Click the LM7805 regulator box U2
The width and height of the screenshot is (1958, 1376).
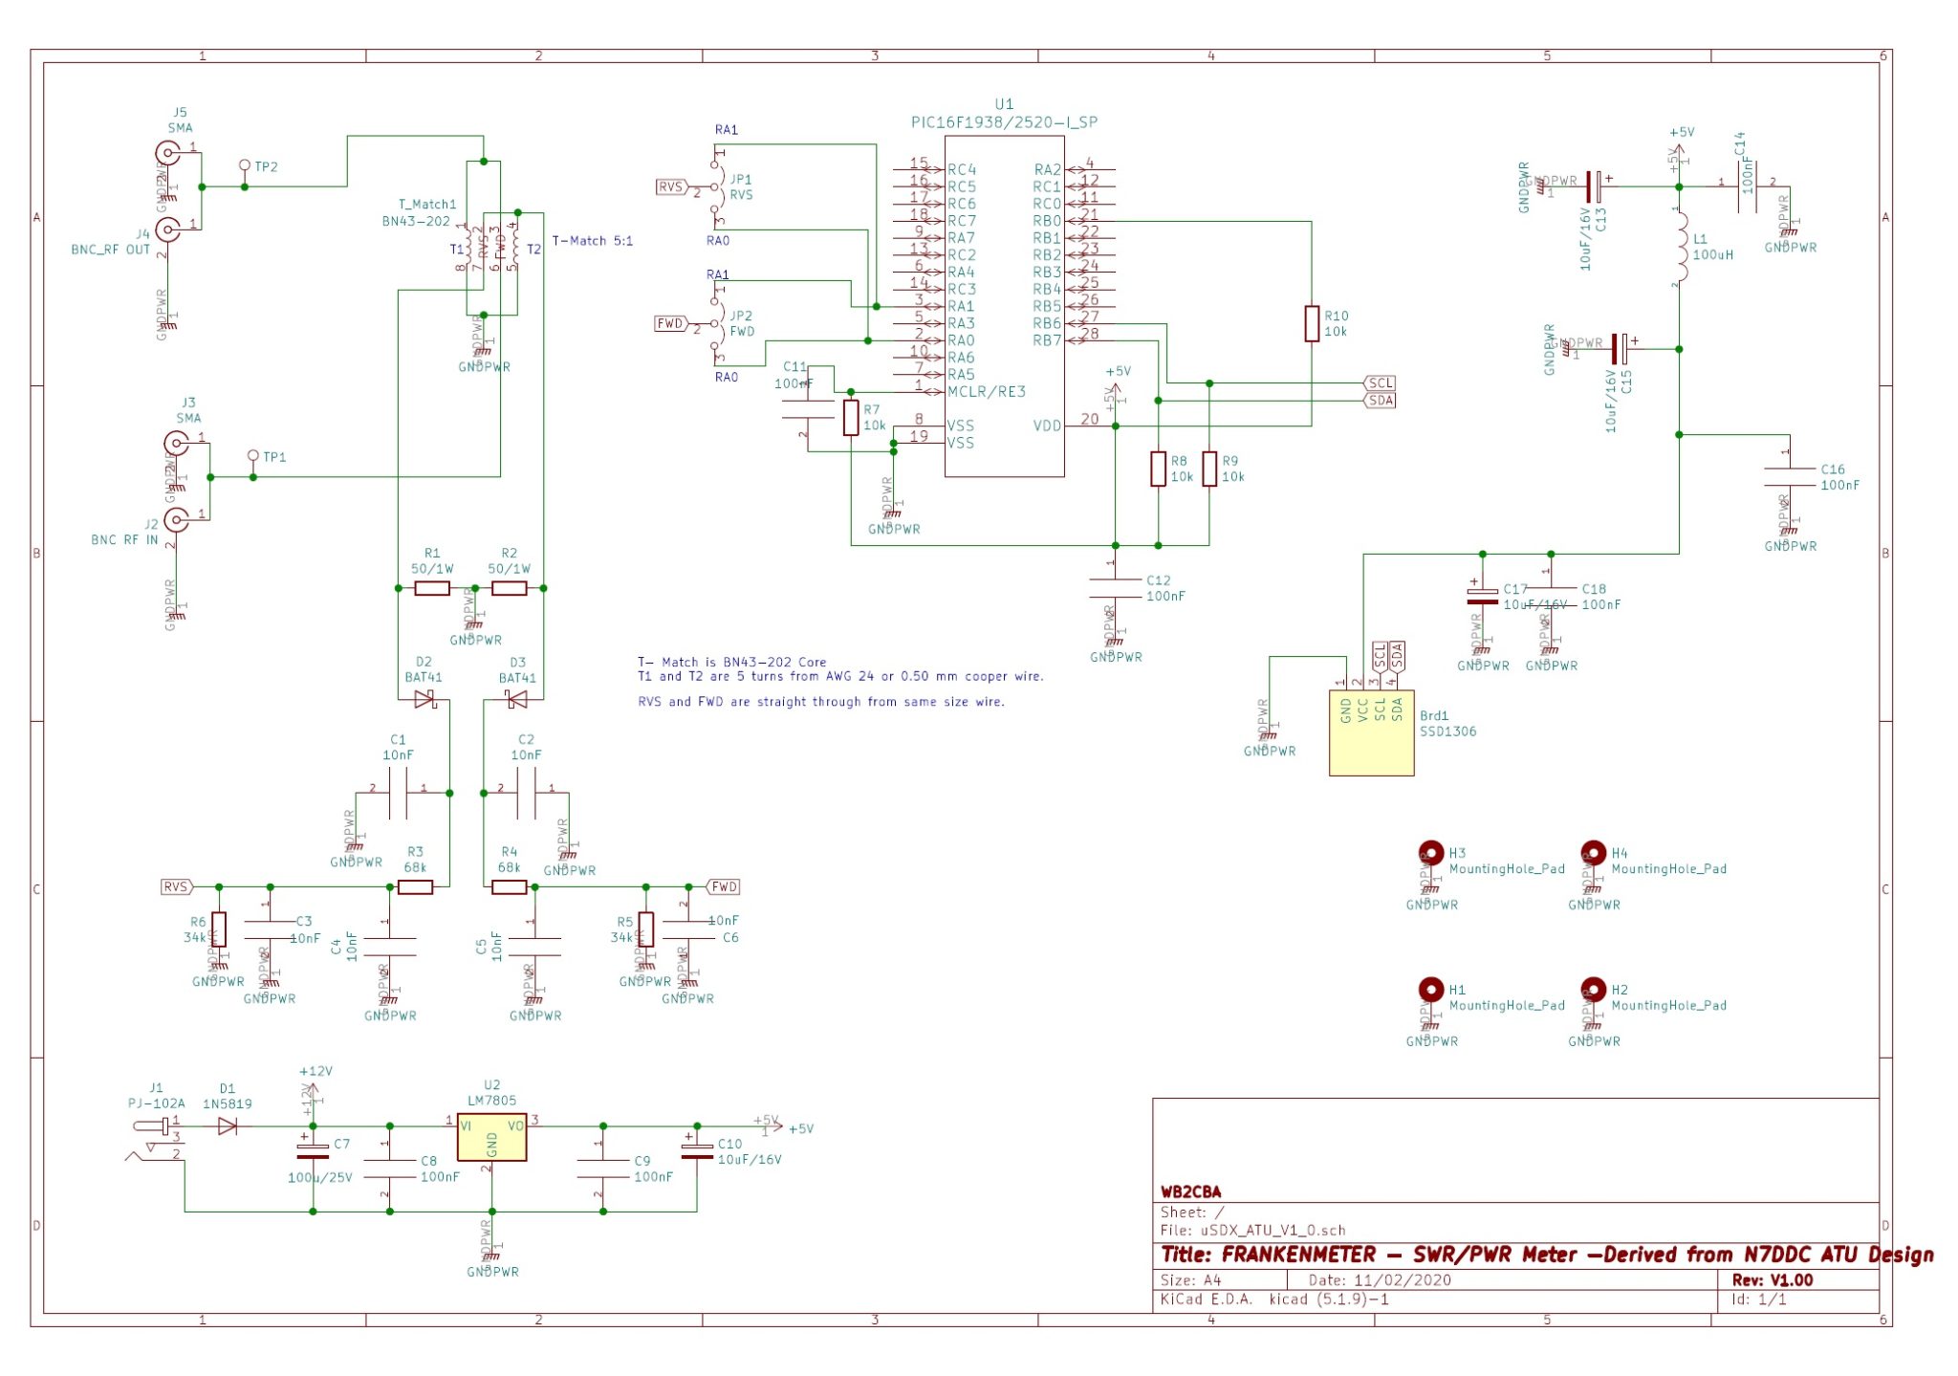click(x=491, y=1137)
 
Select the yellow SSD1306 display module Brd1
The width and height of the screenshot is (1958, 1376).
click(x=1371, y=732)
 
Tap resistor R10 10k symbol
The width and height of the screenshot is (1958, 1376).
click(x=1312, y=323)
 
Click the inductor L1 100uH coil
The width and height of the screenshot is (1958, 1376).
click(x=1681, y=247)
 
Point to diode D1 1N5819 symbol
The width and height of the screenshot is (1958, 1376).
click(x=228, y=1126)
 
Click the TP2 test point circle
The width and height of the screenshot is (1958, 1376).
click(x=245, y=165)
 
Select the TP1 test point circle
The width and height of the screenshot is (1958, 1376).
click(x=253, y=456)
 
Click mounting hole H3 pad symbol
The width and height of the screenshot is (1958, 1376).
click(x=1431, y=851)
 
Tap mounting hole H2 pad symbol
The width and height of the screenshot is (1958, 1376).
click(x=1593, y=988)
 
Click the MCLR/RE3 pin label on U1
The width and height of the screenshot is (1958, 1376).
click(x=986, y=392)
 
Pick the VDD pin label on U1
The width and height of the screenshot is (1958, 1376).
click(x=1047, y=426)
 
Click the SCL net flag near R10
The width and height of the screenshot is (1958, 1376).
click(x=1381, y=383)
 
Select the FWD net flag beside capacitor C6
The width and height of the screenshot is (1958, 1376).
click(x=724, y=886)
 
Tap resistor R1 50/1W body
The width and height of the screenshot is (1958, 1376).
click(x=432, y=588)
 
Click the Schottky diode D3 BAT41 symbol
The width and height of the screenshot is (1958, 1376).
click(x=516, y=701)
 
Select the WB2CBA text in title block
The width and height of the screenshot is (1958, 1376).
click(x=1190, y=1191)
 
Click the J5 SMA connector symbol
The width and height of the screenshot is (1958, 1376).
click(x=168, y=153)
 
